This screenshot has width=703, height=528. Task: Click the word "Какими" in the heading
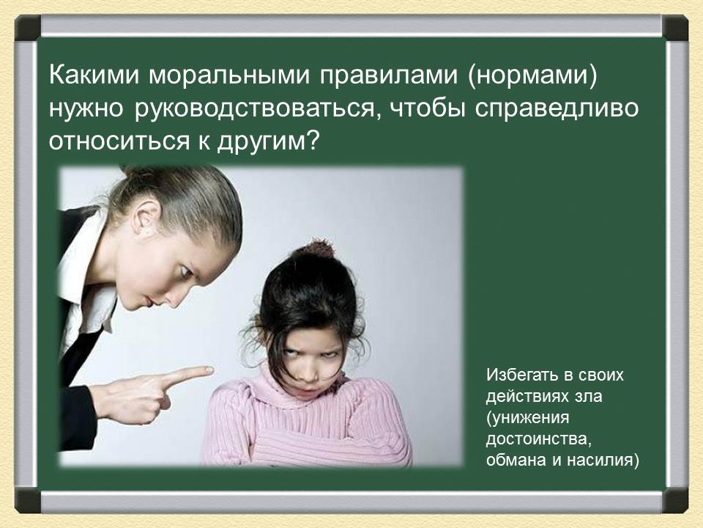94,75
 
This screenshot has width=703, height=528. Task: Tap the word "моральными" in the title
229,76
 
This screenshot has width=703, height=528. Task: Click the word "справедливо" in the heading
557,109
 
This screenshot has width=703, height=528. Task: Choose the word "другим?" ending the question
268,142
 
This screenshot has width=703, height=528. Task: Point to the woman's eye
185,271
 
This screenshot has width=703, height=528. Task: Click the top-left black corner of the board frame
28,27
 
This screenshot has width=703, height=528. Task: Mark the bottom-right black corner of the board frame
675,501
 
